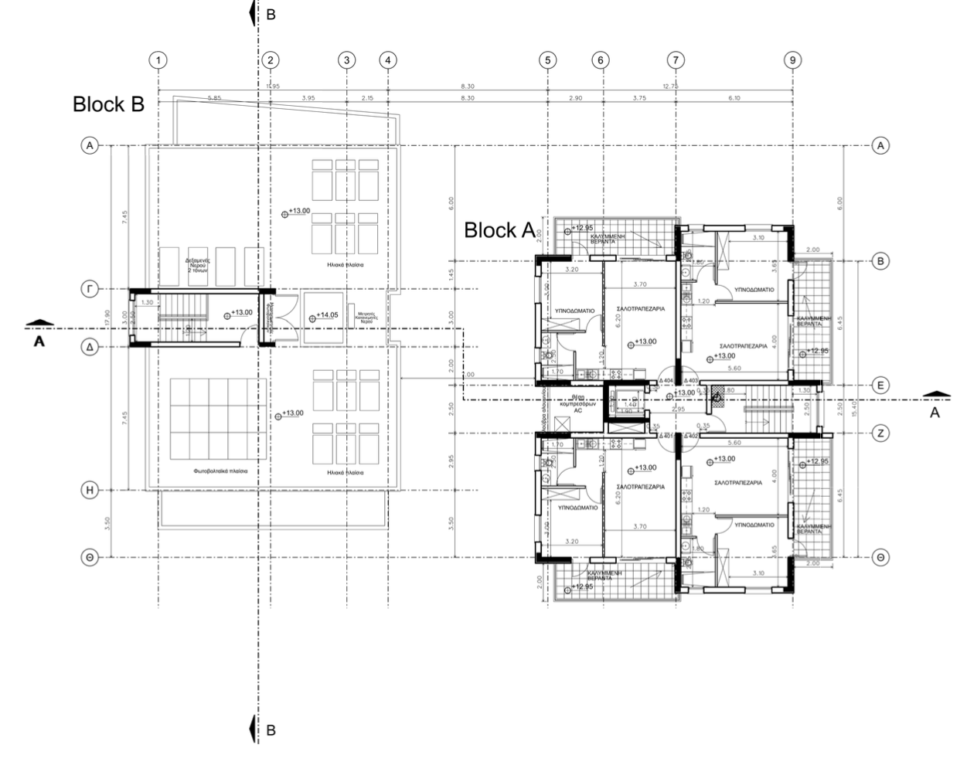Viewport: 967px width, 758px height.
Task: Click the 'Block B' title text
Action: coord(108,104)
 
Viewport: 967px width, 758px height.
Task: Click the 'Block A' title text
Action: coord(500,230)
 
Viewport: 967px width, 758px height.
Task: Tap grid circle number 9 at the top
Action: coord(792,60)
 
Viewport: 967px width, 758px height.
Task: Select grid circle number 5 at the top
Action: coord(548,60)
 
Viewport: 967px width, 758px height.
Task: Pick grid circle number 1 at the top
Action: coord(158,60)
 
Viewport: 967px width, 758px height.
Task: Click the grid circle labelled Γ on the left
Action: coord(90,289)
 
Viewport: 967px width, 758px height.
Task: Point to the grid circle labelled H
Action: coord(90,490)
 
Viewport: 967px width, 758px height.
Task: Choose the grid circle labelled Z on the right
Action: coord(880,433)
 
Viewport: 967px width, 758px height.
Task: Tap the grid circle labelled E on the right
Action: coord(880,385)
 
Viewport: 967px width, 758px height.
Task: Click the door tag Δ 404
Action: coord(666,381)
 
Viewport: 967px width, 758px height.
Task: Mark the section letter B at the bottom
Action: coord(270,729)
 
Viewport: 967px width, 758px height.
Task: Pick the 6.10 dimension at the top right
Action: coord(734,98)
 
